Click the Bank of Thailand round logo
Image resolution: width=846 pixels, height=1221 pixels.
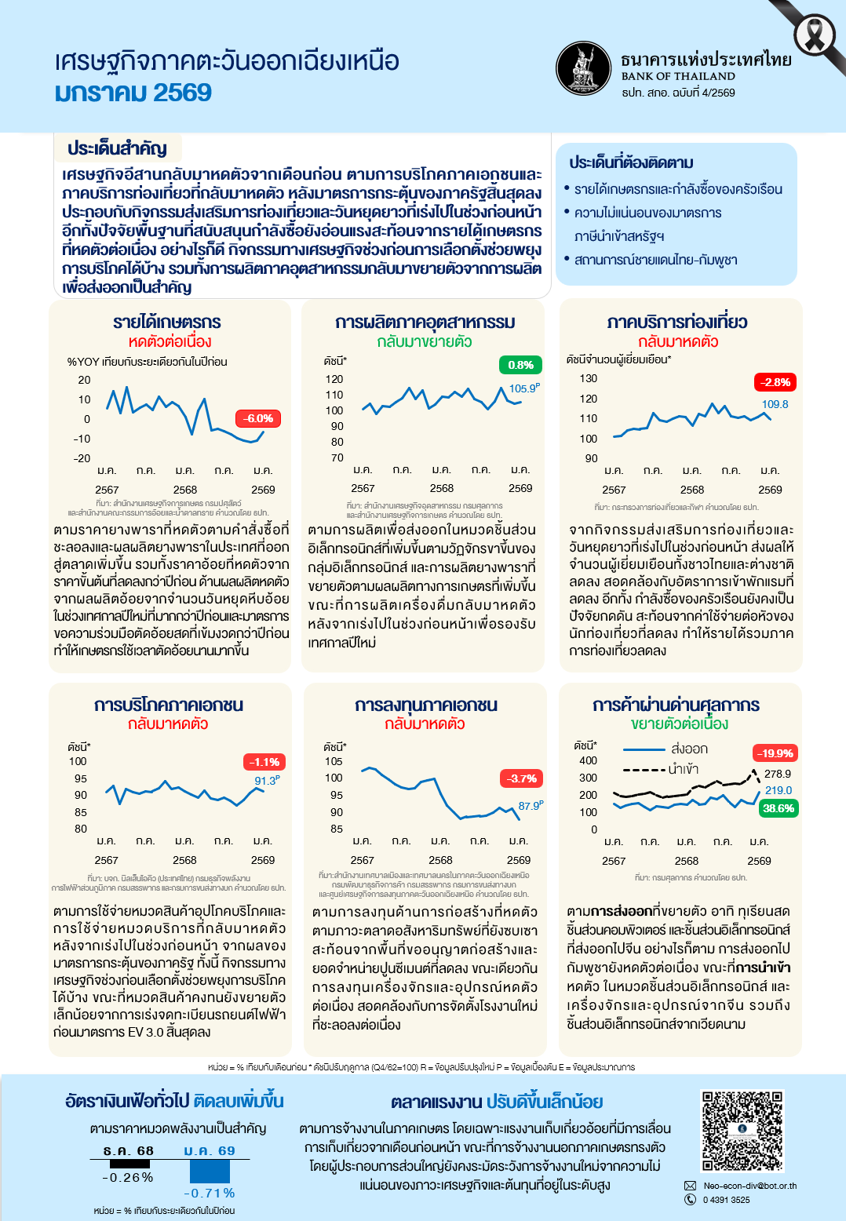(x=583, y=68)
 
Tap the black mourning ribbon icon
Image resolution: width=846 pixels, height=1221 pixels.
(x=816, y=35)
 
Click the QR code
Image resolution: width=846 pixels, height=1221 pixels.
(x=742, y=1131)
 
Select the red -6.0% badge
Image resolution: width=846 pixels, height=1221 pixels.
(x=257, y=418)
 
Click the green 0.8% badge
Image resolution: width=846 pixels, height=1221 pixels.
(x=520, y=365)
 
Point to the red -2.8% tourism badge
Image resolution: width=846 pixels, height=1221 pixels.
(x=775, y=382)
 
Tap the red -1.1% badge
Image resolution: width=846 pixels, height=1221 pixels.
(x=264, y=762)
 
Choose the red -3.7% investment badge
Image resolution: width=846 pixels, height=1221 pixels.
(x=522, y=778)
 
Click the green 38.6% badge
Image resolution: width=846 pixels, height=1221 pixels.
(x=778, y=808)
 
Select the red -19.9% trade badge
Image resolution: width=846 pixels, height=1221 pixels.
(x=775, y=753)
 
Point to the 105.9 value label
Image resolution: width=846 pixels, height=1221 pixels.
(x=523, y=388)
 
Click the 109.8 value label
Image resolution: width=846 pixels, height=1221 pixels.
(x=775, y=404)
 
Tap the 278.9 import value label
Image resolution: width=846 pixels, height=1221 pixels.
(x=778, y=774)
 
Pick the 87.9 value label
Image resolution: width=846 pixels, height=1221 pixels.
(x=530, y=806)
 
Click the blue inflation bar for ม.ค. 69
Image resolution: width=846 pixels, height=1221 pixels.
(x=210, y=1171)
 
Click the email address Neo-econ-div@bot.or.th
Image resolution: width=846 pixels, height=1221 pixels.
(x=749, y=1186)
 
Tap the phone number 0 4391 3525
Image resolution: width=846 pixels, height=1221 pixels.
(x=726, y=1200)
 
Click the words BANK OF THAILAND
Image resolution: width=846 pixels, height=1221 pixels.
(x=678, y=76)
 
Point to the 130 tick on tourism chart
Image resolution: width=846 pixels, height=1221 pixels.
(x=589, y=378)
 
